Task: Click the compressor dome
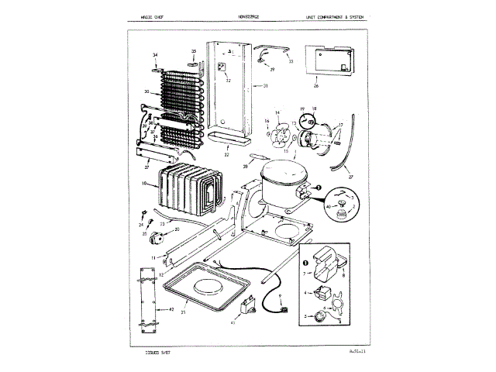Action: coord(281,184)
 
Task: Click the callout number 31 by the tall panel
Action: coord(265,86)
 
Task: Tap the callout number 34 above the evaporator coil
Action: coord(155,55)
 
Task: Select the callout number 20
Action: coord(177,229)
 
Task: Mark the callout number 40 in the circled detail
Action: coord(328,205)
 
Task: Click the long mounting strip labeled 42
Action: coord(145,299)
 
